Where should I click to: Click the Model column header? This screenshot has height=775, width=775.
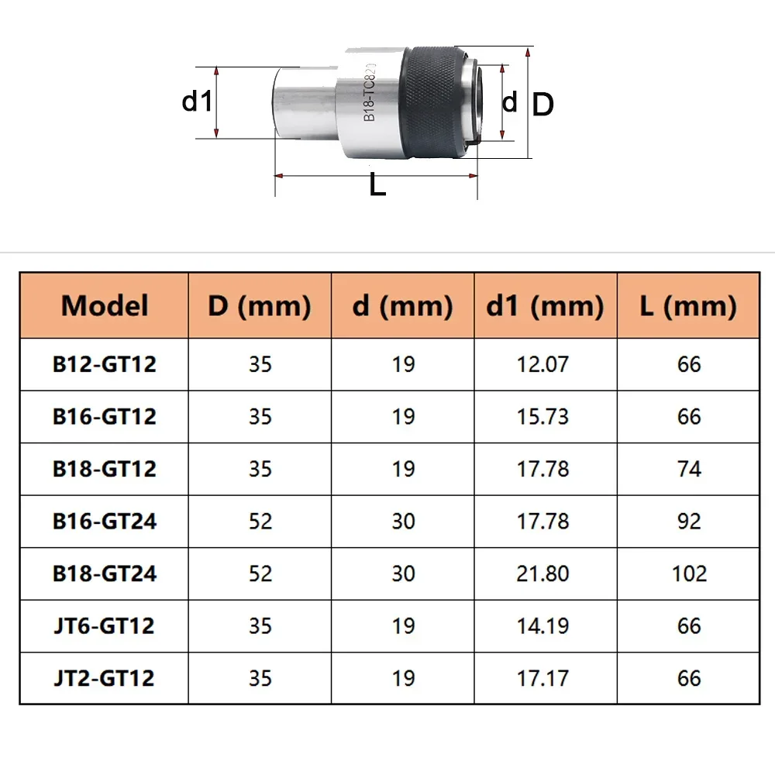click(105, 305)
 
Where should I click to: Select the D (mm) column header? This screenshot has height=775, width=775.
click(260, 305)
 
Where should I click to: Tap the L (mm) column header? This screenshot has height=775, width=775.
click(688, 305)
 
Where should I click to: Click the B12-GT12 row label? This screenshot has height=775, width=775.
click(105, 364)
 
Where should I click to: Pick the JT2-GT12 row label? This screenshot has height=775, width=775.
click(105, 678)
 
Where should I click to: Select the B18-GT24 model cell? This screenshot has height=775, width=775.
click(105, 573)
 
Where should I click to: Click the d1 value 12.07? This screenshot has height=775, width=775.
click(542, 364)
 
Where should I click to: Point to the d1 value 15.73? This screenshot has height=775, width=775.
click(542, 417)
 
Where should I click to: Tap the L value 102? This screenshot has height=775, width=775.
click(689, 573)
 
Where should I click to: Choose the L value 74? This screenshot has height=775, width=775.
click(689, 469)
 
